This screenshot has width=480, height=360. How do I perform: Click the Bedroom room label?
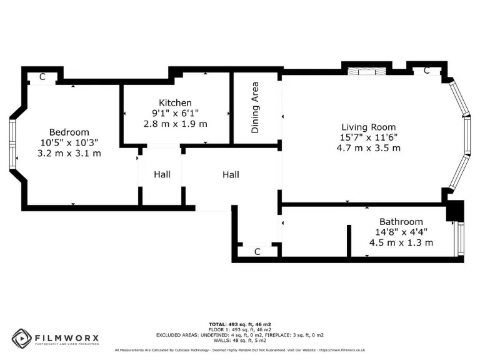pyautogui.click(x=69, y=132)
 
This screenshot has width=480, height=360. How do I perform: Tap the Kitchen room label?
pyautogui.click(x=175, y=102)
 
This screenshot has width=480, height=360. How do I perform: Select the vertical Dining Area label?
pyautogui.click(x=255, y=107)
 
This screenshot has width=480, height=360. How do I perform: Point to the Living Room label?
pyautogui.click(x=368, y=127)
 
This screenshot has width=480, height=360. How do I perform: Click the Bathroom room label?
pyautogui.click(x=401, y=221)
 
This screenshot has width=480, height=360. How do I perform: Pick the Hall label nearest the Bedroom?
pyautogui.click(x=162, y=174)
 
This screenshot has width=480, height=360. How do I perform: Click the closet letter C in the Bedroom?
pyautogui.click(x=42, y=77)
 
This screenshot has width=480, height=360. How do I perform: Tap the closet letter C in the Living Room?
pyautogui.click(x=427, y=71)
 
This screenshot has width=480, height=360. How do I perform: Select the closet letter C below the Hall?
pyautogui.click(x=257, y=251)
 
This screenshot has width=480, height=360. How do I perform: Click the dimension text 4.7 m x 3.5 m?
pyautogui.click(x=368, y=148)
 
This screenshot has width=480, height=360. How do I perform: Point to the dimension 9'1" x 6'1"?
pyautogui.click(x=175, y=113)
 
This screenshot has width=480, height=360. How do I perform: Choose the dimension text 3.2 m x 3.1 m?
pyautogui.click(x=69, y=153)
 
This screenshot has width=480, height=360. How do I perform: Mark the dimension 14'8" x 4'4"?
pyautogui.click(x=401, y=232)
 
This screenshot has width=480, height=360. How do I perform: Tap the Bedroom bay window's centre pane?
pyautogui.click(x=12, y=144)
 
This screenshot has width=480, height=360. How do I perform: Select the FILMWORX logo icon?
pyautogui.click(x=22, y=338)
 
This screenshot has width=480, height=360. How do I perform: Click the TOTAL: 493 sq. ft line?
pyautogui.click(x=240, y=324)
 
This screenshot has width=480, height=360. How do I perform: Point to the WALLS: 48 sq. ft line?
pyautogui.click(x=240, y=341)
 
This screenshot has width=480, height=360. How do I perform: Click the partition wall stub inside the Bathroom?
pyautogui.click(x=349, y=241)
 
